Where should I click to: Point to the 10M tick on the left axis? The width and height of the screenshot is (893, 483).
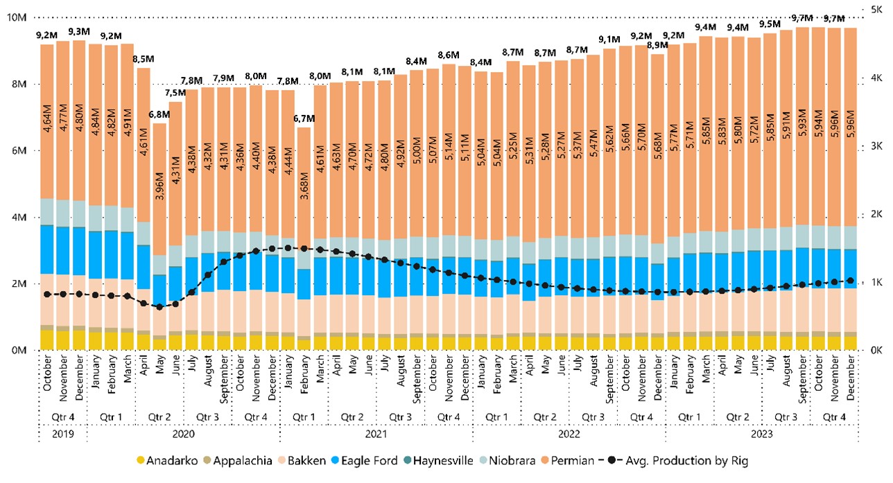click(16, 17)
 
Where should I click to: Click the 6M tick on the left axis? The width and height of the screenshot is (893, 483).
click(19, 150)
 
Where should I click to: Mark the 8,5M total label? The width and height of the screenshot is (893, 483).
click(143, 59)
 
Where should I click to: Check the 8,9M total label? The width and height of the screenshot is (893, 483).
click(657, 45)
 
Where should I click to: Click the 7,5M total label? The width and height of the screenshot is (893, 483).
click(175, 93)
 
